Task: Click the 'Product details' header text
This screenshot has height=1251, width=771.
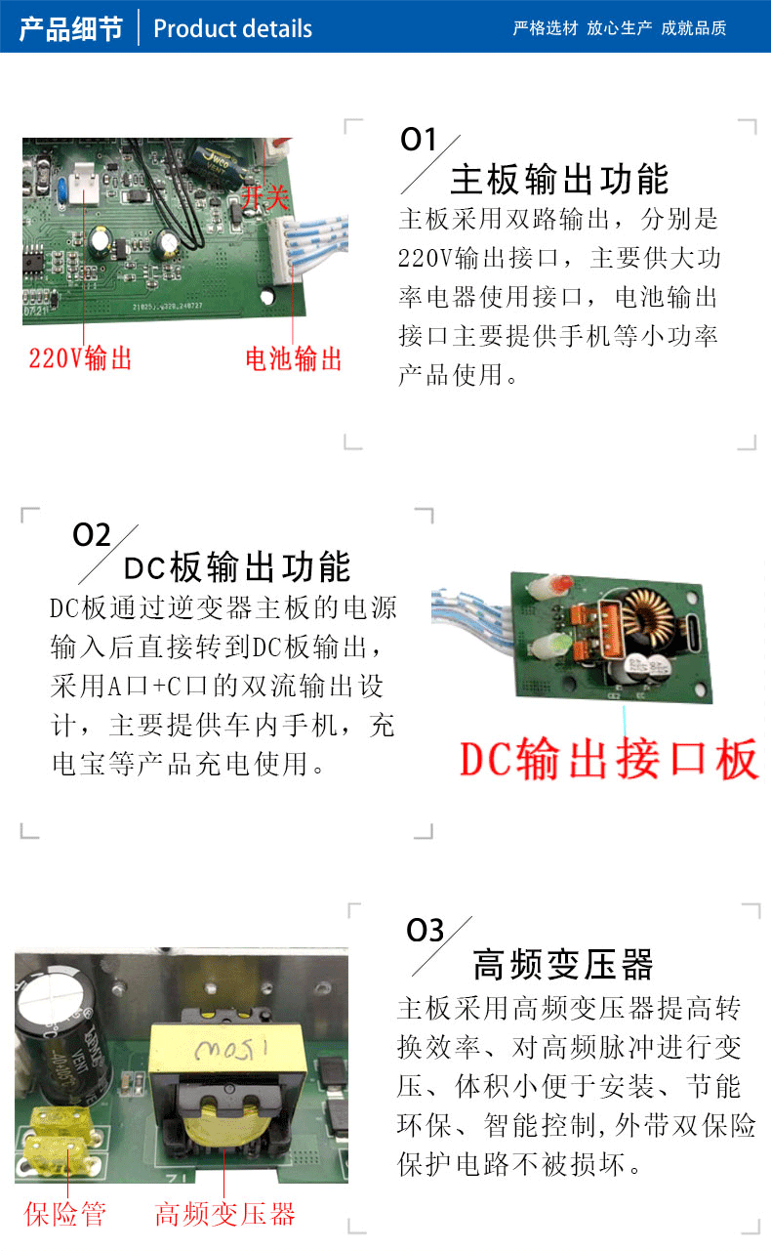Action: pos(232,28)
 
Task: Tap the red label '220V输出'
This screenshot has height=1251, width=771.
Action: pos(80,358)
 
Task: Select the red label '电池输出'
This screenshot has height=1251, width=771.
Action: pos(294,358)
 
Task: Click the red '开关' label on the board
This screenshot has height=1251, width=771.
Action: pos(264,198)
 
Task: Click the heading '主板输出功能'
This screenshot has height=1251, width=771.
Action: pos(559,181)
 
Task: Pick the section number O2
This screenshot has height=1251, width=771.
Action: pos(92,535)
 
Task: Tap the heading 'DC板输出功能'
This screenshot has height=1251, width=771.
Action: pos(237,567)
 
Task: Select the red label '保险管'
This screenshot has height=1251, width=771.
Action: pos(65,1214)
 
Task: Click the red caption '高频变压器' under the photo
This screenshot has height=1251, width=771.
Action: pos(224,1214)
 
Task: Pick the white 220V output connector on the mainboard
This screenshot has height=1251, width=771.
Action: pos(85,182)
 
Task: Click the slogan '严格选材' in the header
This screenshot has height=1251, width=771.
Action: pos(546,28)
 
